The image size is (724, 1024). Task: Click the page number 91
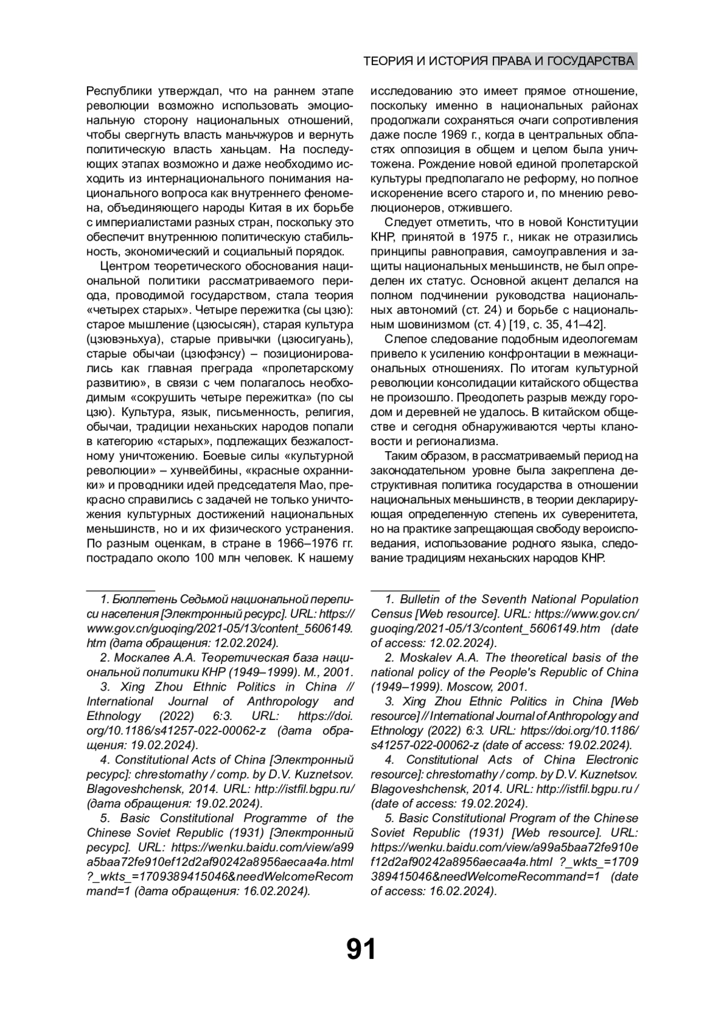coord(361,949)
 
